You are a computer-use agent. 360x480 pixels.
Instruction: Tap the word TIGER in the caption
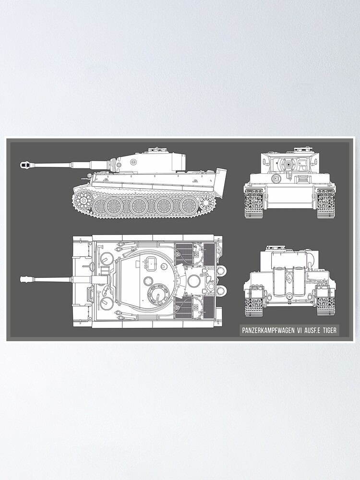(329, 330)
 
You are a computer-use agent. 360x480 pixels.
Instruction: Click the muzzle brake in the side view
(25, 165)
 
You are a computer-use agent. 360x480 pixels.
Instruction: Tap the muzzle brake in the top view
(25, 279)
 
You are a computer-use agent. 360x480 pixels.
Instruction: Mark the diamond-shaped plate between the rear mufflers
(289, 277)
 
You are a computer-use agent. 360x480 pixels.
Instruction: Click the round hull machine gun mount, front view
(276, 179)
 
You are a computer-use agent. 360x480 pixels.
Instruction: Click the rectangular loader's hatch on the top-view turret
(150, 263)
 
